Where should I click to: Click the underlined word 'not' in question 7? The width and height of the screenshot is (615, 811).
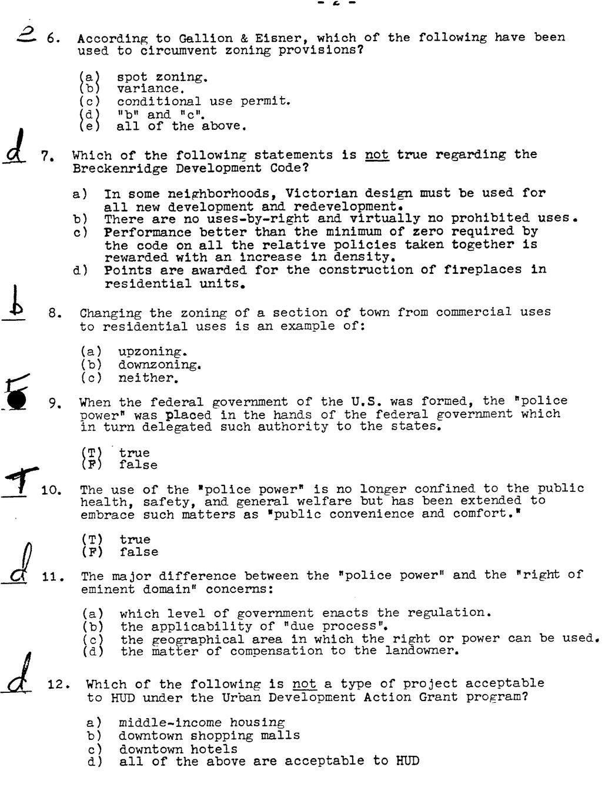coord(377,155)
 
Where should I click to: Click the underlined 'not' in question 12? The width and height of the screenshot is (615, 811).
coord(304,684)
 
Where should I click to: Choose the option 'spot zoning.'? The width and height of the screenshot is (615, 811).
coord(162,77)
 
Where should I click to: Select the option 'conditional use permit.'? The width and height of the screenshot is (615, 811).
coord(203,101)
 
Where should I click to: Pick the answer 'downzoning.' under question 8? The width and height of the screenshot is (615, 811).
coord(160,365)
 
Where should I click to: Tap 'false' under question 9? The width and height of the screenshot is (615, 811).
coord(138,465)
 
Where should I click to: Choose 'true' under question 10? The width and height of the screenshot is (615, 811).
coord(135,539)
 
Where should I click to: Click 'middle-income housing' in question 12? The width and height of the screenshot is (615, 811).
coord(202,723)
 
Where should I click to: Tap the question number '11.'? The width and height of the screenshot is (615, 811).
coord(53,577)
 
